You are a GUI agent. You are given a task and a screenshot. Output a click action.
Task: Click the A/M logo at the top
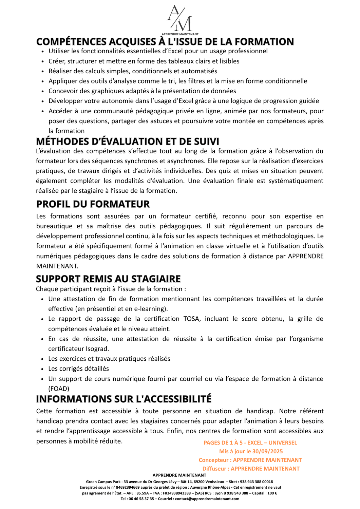pos(180,20)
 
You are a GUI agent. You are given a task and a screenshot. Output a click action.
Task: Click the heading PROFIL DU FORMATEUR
pos(93,204)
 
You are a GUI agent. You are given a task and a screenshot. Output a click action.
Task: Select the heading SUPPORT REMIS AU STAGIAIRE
pos(108,279)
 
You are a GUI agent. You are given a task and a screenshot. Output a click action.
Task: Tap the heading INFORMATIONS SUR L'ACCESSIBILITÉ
pos(124,399)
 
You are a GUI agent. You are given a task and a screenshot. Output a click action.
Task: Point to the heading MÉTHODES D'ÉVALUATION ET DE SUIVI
pos(128,142)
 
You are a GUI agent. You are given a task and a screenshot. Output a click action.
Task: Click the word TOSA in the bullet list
pos(191,319)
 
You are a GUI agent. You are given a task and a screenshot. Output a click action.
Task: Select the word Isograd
pos(97,349)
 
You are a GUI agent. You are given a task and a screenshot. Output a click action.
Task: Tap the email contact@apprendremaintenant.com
pos(207,499)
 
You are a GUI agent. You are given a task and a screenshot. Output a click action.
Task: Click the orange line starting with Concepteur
pos(250,460)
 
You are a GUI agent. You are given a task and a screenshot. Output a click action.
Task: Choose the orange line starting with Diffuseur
pos(251,469)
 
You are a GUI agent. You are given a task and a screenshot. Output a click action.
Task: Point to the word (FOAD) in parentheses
pos(59,389)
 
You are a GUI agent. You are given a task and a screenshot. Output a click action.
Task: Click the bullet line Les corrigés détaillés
pos(79,369)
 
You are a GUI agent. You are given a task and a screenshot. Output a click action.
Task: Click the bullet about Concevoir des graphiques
pos(142,91)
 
